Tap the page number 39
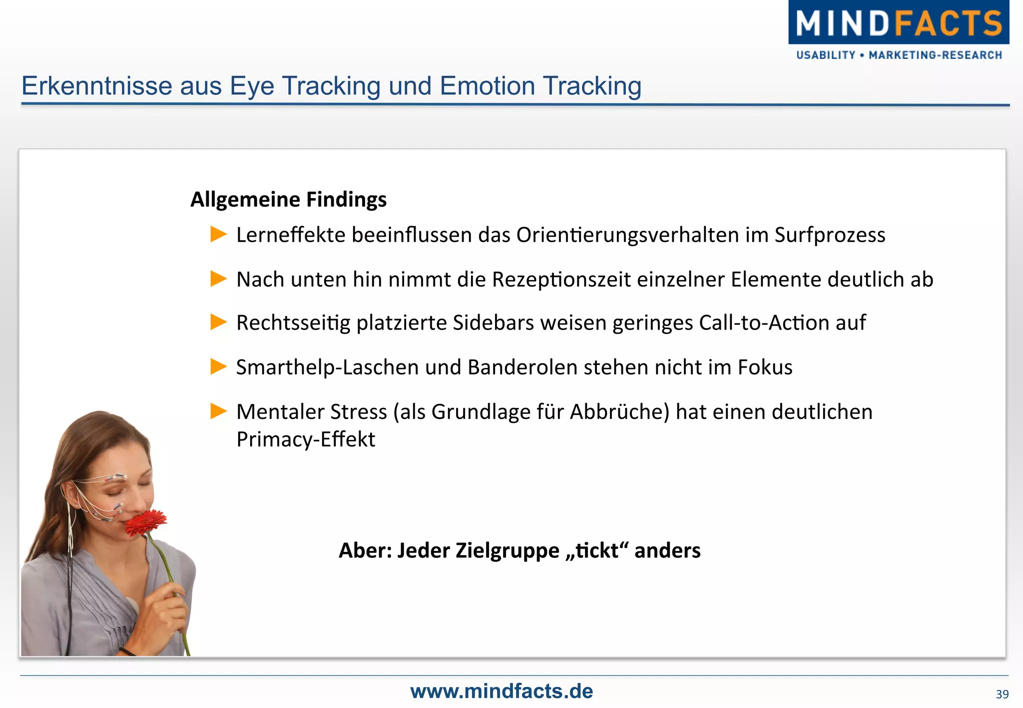point(1002,695)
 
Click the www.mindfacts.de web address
point(502,692)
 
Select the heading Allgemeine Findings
point(288,200)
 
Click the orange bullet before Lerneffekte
point(218,234)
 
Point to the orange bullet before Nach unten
point(218,279)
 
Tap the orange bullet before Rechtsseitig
point(218,322)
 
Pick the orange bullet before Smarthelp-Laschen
point(218,366)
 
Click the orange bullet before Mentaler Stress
point(218,411)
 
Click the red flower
point(145,523)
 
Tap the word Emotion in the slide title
point(488,86)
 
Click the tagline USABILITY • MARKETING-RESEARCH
point(899,55)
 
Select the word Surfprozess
point(830,235)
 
